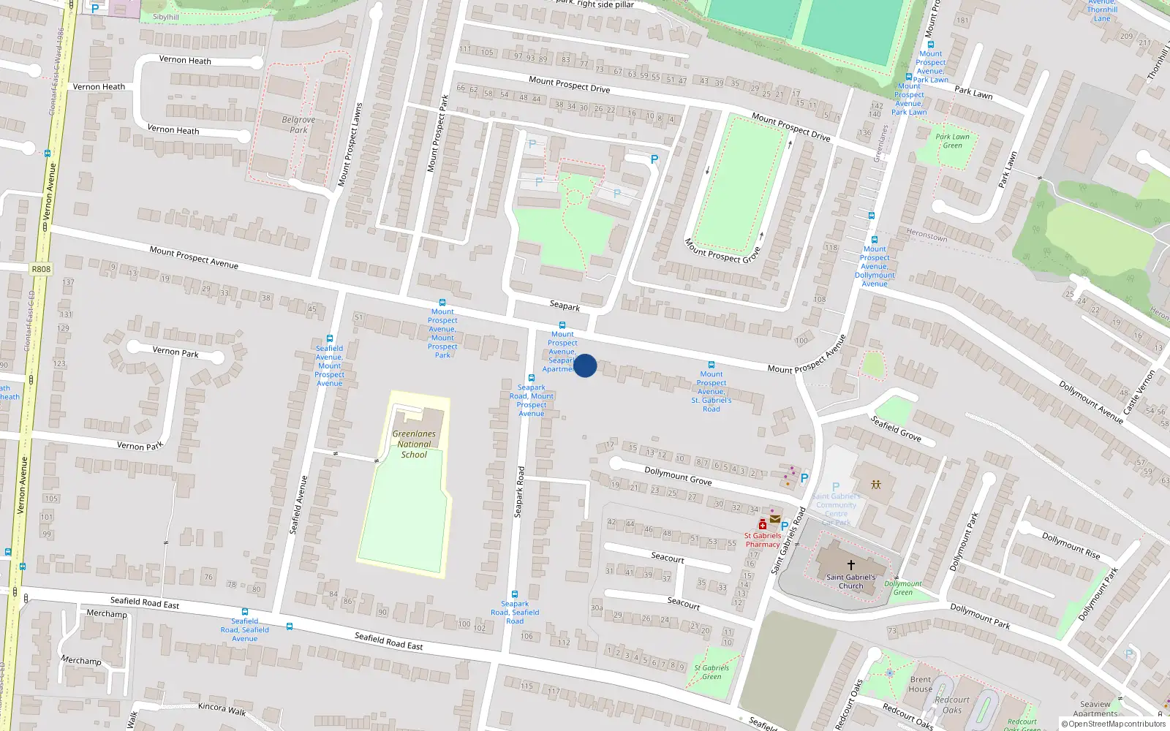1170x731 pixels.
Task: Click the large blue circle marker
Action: (x=585, y=365)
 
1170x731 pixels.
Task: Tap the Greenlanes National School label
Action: (x=414, y=444)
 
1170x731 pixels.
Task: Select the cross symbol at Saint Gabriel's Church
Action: (x=850, y=565)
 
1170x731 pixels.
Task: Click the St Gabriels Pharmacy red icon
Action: (x=763, y=524)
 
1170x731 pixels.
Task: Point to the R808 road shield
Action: (x=41, y=269)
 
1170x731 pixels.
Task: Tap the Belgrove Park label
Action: (x=298, y=124)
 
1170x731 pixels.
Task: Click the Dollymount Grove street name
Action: (x=678, y=476)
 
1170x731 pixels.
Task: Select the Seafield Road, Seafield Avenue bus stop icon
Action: (x=245, y=612)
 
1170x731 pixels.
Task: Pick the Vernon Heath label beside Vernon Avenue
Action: (x=99, y=86)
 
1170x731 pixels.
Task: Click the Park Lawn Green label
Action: (x=952, y=140)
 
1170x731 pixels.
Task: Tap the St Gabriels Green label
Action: (x=712, y=672)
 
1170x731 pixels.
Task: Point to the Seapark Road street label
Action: (x=519, y=492)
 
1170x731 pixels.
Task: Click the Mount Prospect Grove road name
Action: (x=722, y=250)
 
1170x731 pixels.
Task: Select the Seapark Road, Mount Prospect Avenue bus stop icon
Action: (x=532, y=378)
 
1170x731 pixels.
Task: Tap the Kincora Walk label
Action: (x=222, y=708)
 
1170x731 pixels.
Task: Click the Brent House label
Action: (x=921, y=683)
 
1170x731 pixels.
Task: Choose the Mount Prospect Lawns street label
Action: (x=350, y=145)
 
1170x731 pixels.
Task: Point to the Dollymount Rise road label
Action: (x=1071, y=545)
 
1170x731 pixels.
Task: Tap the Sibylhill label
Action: (x=166, y=17)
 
